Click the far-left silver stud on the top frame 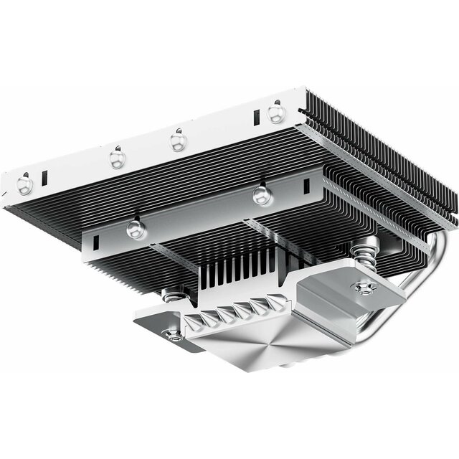[24, 184]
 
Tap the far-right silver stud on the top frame [275, 112]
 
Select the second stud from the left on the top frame [118, 158]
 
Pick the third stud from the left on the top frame [178, 140]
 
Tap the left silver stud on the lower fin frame [134, 229]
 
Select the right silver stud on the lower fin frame [261, 194]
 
